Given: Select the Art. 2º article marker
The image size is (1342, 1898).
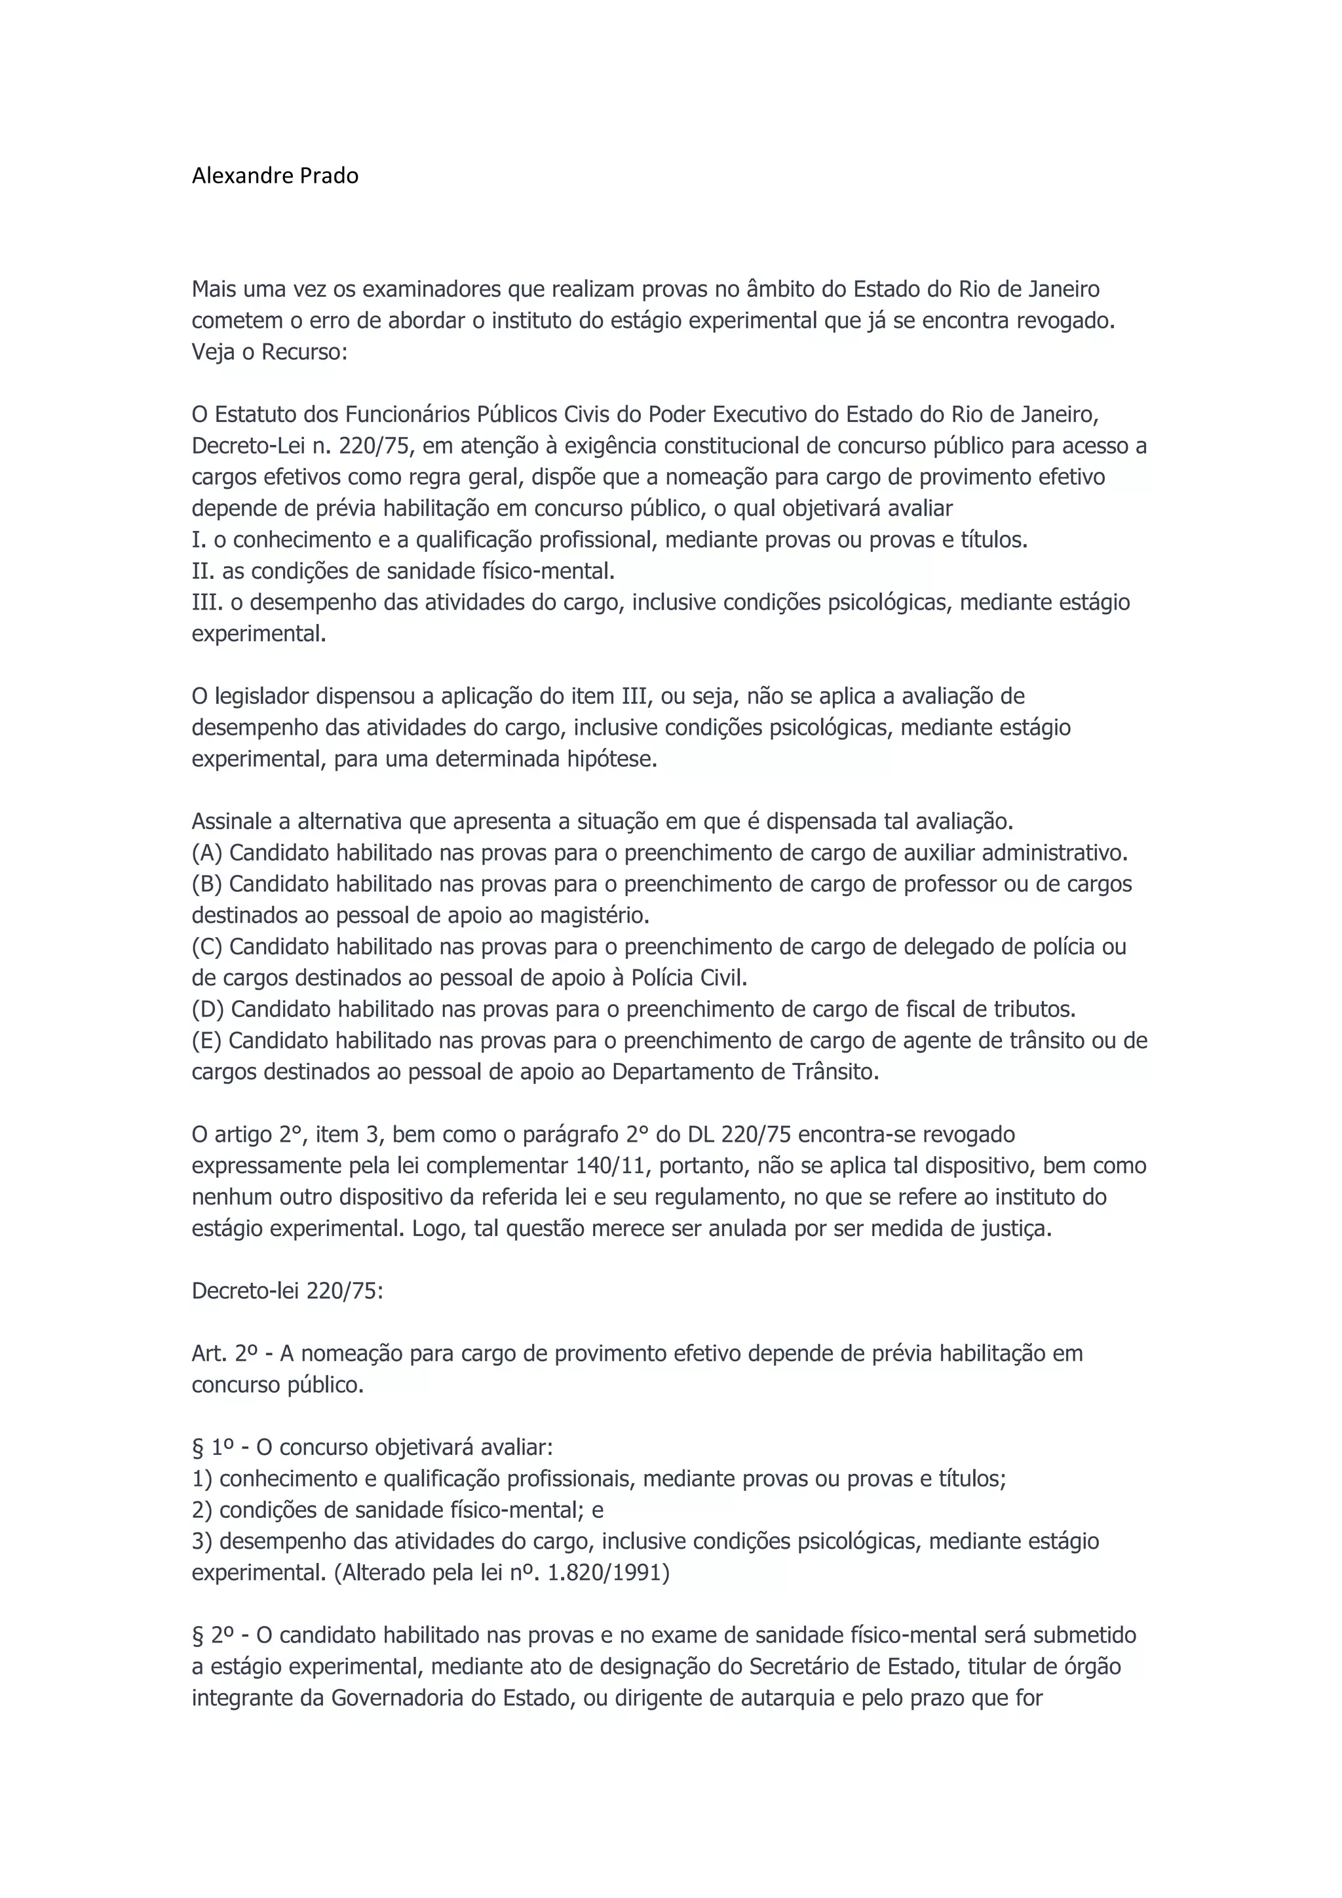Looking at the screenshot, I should point(225,1353).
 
